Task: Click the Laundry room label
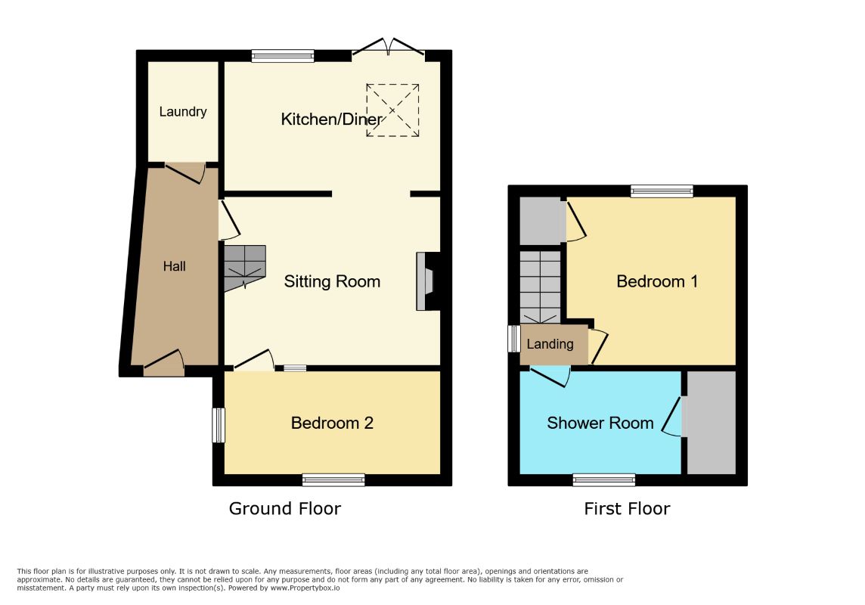(182, 112)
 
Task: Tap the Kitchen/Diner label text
(331, 119)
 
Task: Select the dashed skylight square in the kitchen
(392, 110)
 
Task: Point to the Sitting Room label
(332, 282)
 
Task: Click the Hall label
(175, 266)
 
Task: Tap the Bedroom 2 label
(332, 423)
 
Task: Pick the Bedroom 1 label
(657, 282)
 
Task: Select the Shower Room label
(600, 423)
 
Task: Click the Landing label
(550, 344)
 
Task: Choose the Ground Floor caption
(284, 508)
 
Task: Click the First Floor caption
(628, 508)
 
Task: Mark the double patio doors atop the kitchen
(389, 47)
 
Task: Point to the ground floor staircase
(245, 268)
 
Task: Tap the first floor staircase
(541, 287)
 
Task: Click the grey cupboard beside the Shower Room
(712, 423)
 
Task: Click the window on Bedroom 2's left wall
(219, 425)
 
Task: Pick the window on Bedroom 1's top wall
(662, 191)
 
